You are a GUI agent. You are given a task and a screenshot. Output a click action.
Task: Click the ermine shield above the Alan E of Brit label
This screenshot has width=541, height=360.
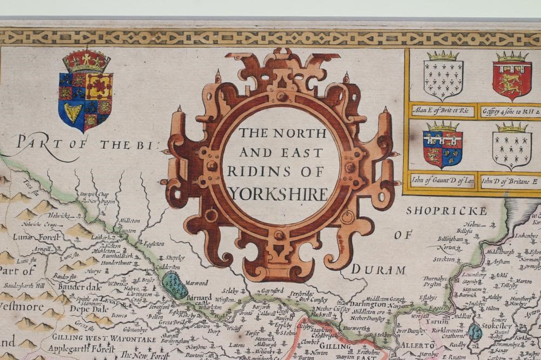coord(443,76)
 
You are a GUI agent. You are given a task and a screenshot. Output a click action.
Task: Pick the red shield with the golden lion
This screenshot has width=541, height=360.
coord(511,76)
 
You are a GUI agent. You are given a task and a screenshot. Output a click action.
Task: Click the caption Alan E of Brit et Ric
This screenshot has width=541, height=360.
coord(443,111)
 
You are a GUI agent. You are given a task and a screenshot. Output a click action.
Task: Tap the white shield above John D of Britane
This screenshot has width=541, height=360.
coord(511,146)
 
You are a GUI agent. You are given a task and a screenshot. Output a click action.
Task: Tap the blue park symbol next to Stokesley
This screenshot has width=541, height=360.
coord(475,332)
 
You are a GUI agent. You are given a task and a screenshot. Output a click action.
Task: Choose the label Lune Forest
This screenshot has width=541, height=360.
coord(29,236)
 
